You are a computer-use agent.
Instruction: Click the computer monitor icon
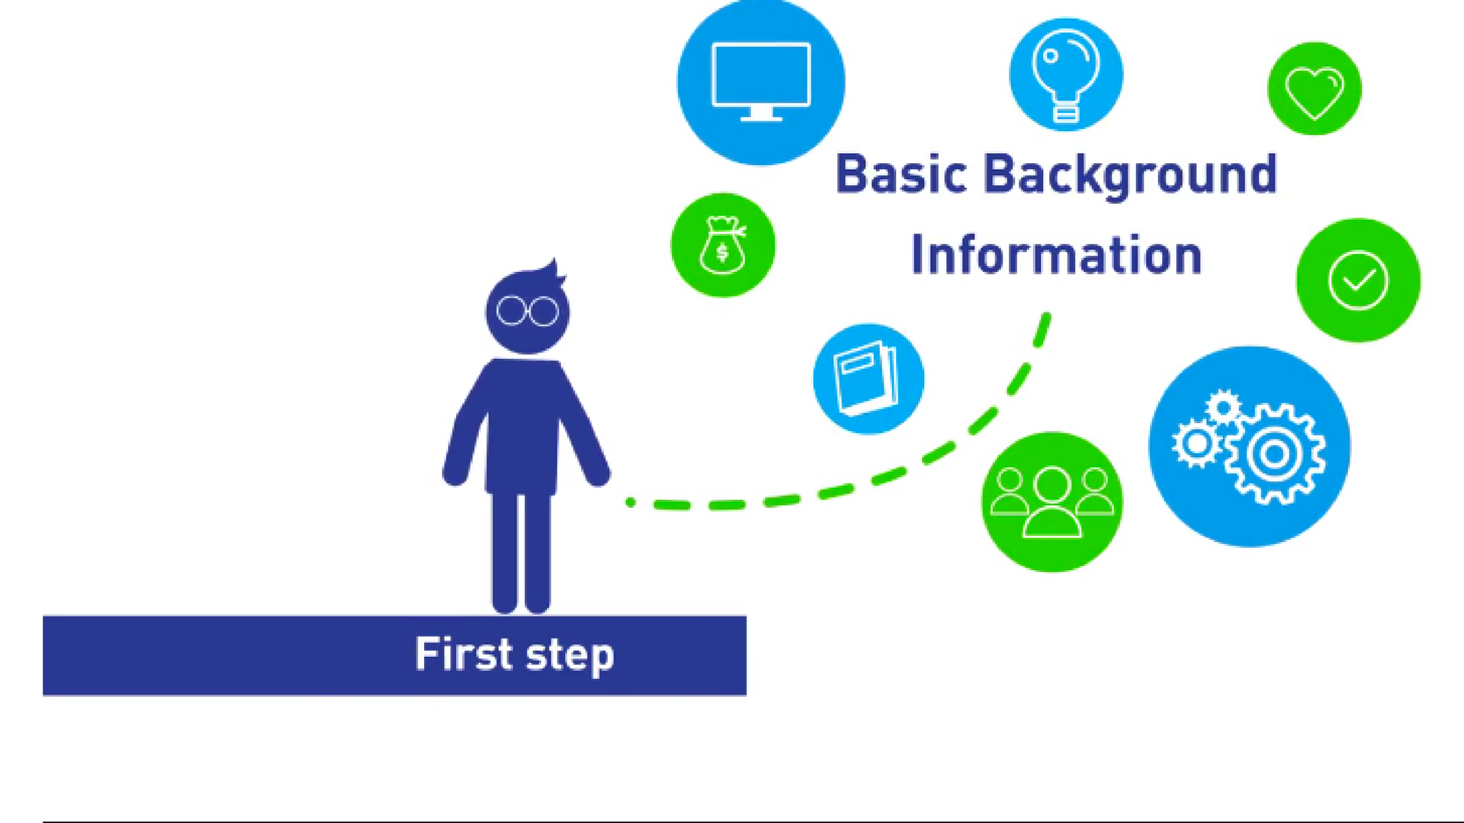pos(761,81)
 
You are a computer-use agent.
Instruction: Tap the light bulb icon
pos(1066,75)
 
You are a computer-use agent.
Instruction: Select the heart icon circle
pos(1315,88)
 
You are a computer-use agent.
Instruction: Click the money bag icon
pos(723,245)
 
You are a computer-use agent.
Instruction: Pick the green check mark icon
pos(1358,280)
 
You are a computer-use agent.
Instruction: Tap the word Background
pos(1131,175)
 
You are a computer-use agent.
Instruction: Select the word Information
pos(1057,255)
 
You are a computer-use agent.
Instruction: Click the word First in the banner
pos(464,653)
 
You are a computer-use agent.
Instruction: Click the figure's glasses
pos(528,311)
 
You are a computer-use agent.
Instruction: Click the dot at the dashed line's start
pos(631,502)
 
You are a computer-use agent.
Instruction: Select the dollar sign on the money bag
pos(722,252)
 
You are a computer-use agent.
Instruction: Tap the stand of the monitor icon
pos(761,114)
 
